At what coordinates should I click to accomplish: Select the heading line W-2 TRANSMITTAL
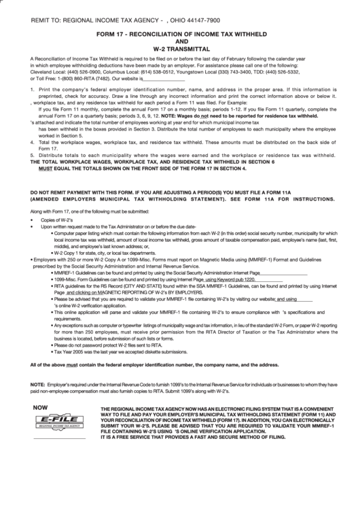[180, 48]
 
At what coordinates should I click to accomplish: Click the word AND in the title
[180, 40]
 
